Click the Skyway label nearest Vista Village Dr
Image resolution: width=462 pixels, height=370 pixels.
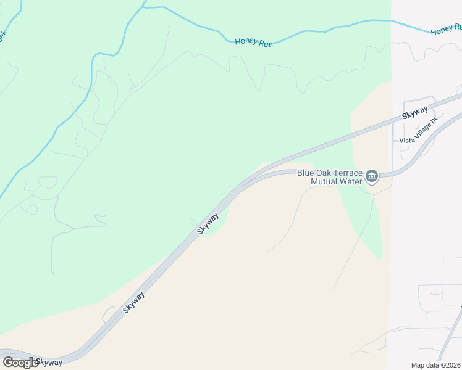pyautogui.click(x=415, y=113)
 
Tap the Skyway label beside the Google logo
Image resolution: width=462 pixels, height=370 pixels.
pyautogui.click(x=49, y=362)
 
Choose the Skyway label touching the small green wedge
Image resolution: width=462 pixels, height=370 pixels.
pyautogui.click(x=208, y=223)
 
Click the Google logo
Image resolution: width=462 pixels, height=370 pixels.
pyautogui.click(x=20, y=362)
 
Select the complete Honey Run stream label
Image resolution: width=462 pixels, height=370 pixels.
pyautogui.click(x=254, y=44)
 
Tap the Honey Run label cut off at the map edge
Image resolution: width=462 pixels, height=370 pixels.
pyautogui.click(x=446, y=29)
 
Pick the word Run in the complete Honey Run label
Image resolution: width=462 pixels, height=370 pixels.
pyautogui.click(x=266, y=44)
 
